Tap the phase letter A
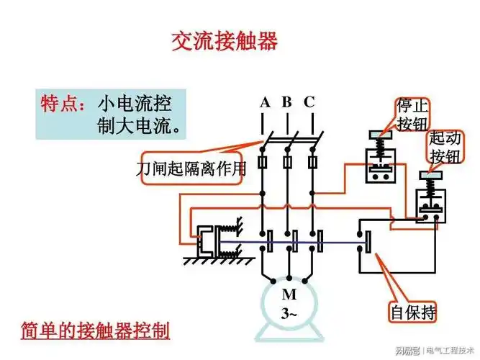click(265, 103)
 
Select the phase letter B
click(286, 102)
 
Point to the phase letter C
click(309, 102)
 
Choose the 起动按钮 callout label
click(445, 147)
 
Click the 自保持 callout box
click(413, 313)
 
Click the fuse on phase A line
click(263, 162)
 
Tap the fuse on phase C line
click(313, 162)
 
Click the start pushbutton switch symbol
click(430, 202)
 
